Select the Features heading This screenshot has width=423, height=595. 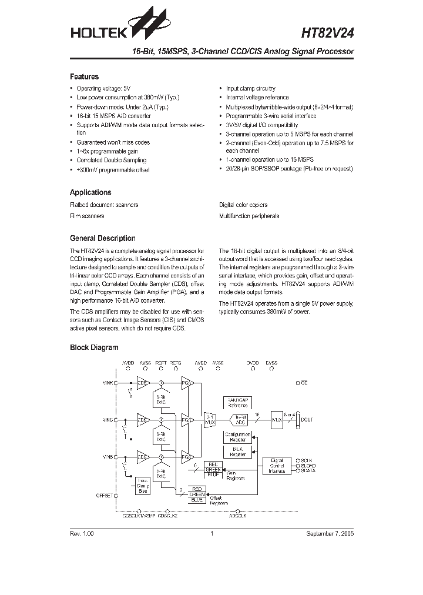pyautogui.click(x=84, y=76)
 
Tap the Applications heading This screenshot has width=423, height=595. pyautogui.click(x=90, y=192)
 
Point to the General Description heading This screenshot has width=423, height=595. pyautogui.click(x=102, y=238)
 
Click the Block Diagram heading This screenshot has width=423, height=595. pyautogui.click(x=94, y=347)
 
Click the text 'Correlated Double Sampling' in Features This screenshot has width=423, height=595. pyautogui.click(x=111, y=160)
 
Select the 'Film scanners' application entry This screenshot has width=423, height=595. pyautogui.click(x=87, y=216)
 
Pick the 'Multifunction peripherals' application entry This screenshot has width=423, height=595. pyautogui.click(x=249, y=216)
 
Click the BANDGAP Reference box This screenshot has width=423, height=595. pyautogui.click(x=238, y=402)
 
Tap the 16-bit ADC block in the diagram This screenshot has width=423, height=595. pyautogui.click(x=238, y=420)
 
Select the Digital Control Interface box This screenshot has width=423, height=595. pyautogui.click(x=276, y=466)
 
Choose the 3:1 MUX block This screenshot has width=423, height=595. pyautogui.click(x=209, y=420)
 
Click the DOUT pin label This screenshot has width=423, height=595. pyautogui.click(x=307, y=420)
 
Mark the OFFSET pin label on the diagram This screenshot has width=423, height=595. pyautogui.click(x=103, y=495)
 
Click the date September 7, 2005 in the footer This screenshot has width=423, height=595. pyautogui.click(x=330, y=533)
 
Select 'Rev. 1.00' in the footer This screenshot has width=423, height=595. pyautogui.click(x=82, y=533)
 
